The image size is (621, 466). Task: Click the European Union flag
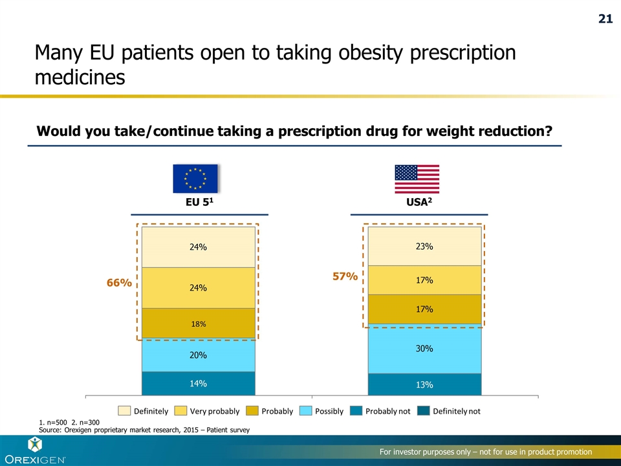pos(195,179)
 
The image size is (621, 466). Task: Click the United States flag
pos(417,179)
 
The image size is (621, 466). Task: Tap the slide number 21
pos(604,19)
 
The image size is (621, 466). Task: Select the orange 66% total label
pos(119,283)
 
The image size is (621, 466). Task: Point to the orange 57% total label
pos(345,276)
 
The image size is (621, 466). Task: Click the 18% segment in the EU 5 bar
pos(198,324)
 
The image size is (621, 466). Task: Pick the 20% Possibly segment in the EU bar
pos(198,355)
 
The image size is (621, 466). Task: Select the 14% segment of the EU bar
pos(198,383)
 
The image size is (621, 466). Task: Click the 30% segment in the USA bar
pos(424,348)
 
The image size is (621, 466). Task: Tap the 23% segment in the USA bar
pos(424,246)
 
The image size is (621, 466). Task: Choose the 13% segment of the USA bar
pos(424,384)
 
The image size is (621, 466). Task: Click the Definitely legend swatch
pos(124,411)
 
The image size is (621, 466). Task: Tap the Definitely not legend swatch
pos(423,411)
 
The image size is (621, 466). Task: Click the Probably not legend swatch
pos(356,411)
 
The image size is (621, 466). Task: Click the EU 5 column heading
pos(199,201)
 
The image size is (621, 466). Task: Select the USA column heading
pos(418,201)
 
